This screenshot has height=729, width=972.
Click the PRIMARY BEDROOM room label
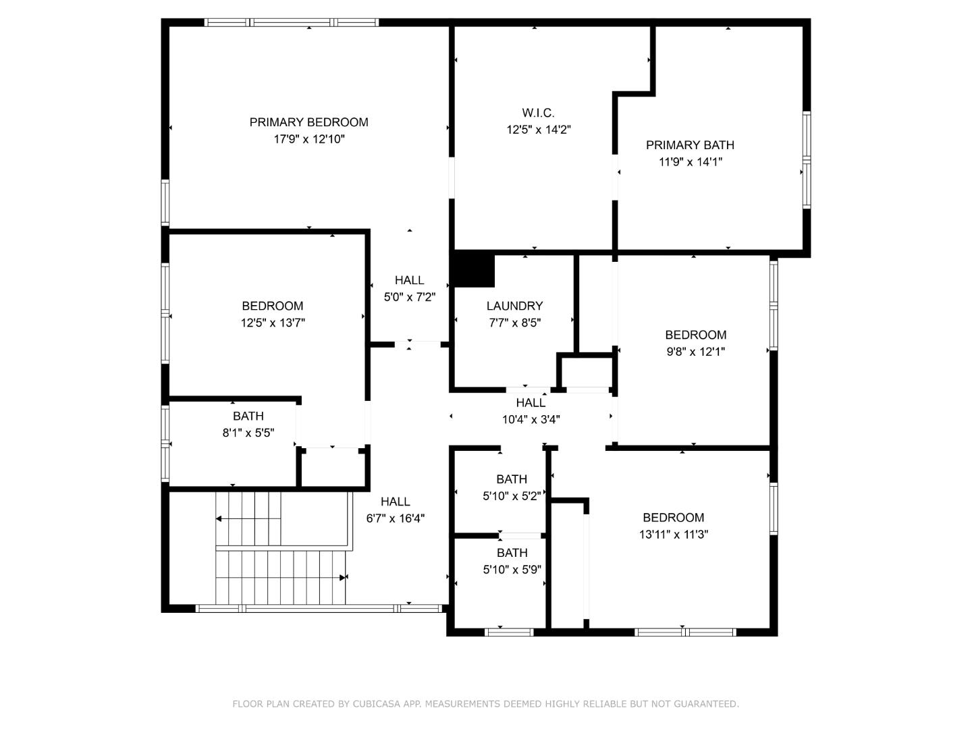308,122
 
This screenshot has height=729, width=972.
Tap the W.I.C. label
538,113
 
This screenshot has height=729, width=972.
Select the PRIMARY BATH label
690,145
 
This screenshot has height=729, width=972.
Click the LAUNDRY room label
514,306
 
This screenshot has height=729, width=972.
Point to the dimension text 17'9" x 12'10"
309,139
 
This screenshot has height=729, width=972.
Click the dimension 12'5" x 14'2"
539,130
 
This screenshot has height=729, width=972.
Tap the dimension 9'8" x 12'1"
696,352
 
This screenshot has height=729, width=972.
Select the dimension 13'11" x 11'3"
674,534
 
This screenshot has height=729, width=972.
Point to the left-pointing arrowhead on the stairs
219,519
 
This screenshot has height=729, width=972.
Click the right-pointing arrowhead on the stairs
342,578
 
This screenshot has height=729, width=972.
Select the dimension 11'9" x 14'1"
691,162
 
